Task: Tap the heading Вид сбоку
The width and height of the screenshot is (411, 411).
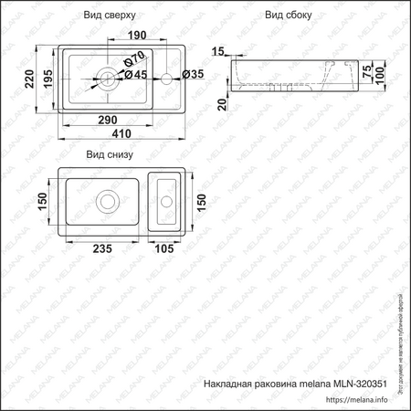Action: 289,16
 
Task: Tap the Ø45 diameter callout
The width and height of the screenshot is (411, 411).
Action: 135,75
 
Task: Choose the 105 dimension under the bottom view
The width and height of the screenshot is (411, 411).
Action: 164,248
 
